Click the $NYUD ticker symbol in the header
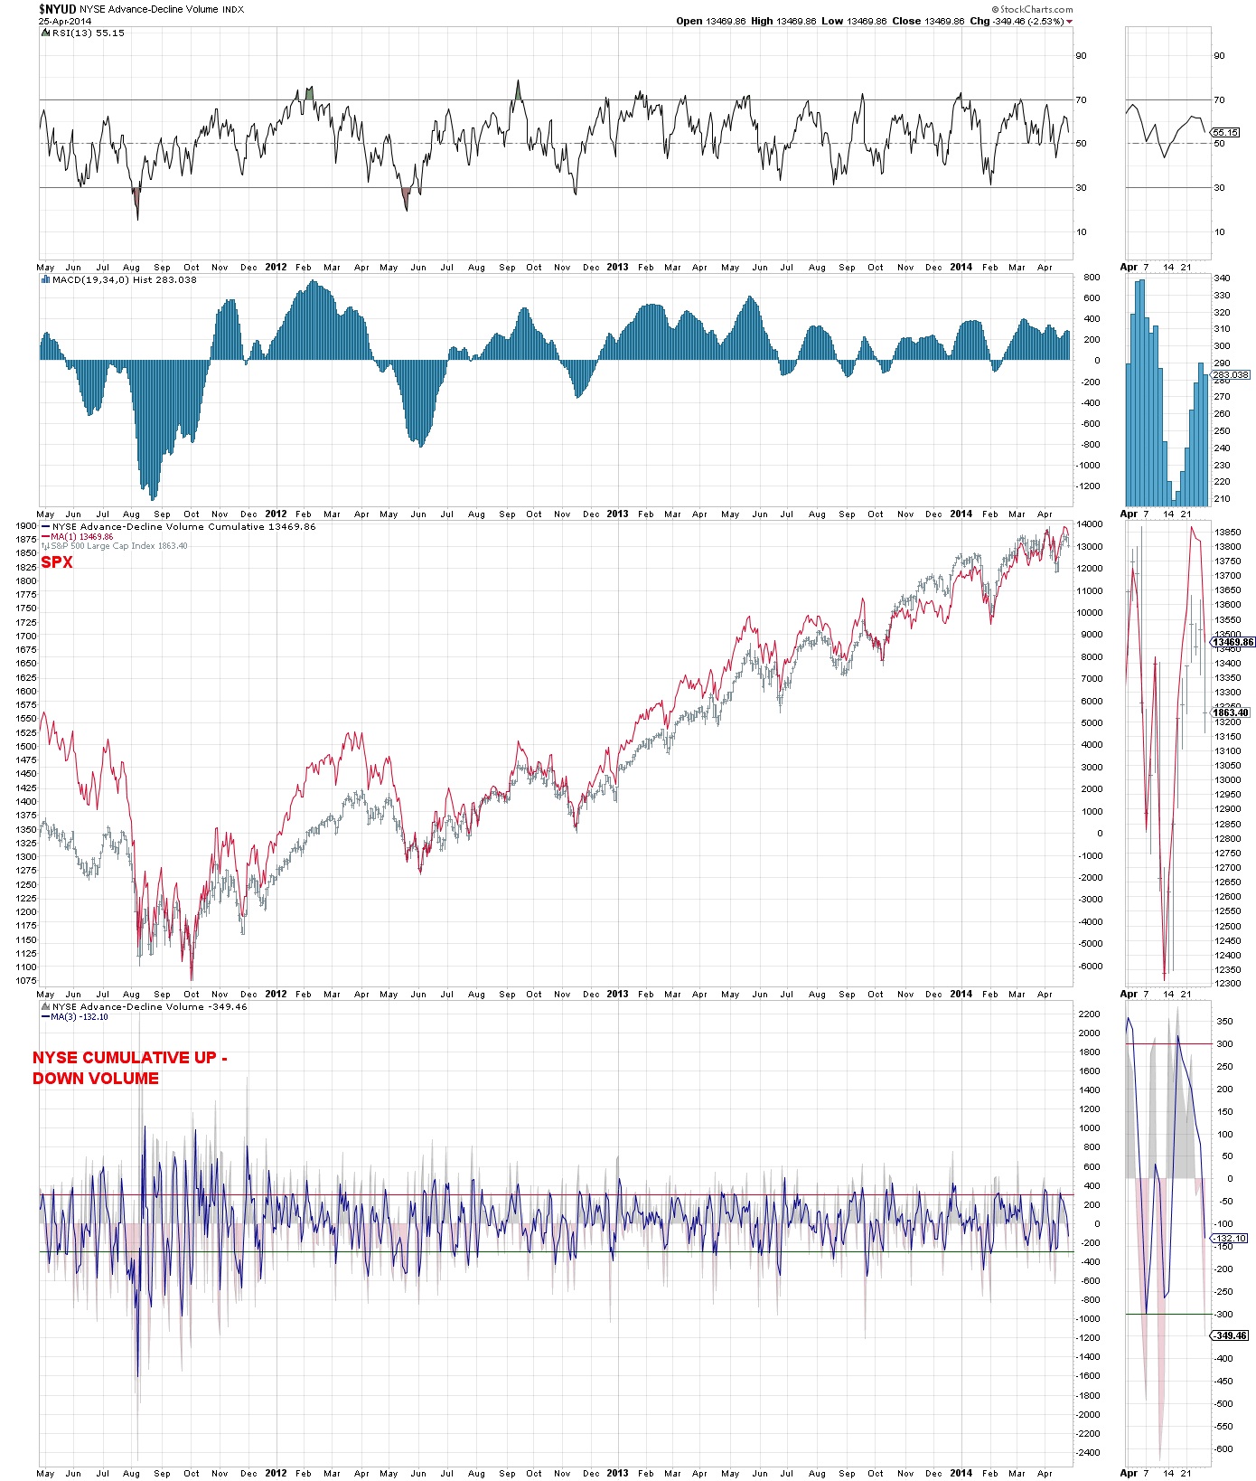point(57,9)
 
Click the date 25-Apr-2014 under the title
point(65,21)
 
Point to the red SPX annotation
point(56,562)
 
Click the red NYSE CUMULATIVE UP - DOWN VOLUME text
point(129,1068)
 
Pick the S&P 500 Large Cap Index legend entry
point(119,546)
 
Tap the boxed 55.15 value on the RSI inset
point(1225,132)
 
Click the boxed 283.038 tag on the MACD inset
point(1230,374)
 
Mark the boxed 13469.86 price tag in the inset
point(1233,642)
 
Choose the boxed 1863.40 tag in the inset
point(1231,712)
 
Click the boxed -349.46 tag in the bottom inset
point(1231,1335)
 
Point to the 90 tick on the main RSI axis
point(1081,55)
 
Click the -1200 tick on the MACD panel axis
point(1089,486)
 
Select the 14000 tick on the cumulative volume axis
point(1090,524)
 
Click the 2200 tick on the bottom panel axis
point(1089,1014)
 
